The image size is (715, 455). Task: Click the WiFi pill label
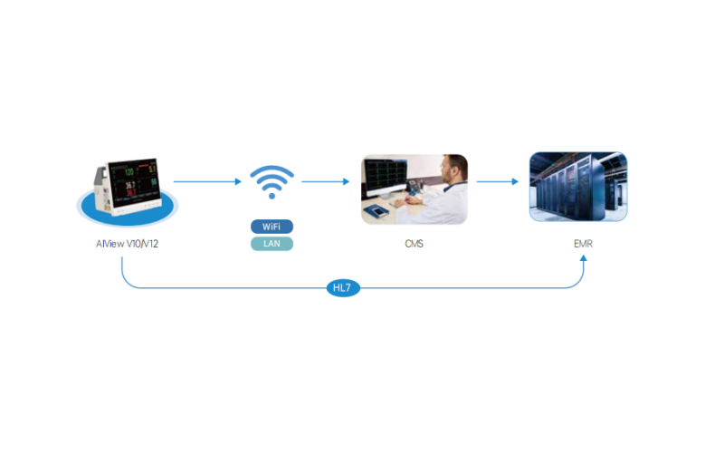272,226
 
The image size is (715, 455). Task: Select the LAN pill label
272,243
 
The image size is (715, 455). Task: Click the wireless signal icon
272,181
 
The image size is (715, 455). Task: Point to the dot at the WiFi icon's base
272,194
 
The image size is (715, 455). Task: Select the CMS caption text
414,244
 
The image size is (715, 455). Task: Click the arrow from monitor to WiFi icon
208,181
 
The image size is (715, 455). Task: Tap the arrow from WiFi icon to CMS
326,181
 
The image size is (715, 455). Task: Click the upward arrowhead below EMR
584,259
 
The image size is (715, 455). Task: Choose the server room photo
578,187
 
